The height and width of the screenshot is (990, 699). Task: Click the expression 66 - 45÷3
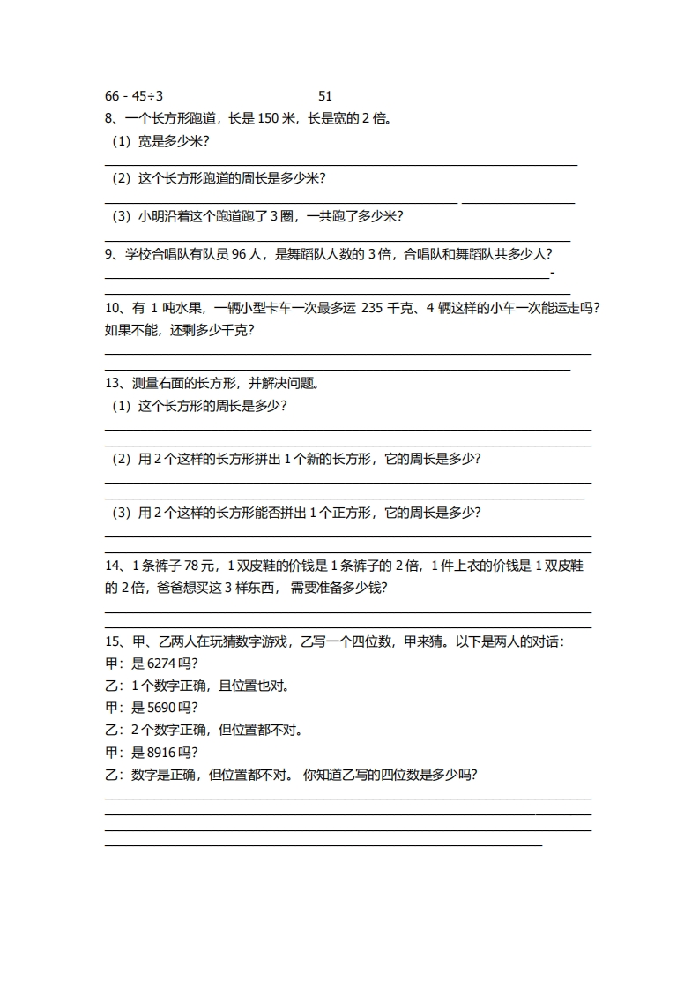coord(134,96)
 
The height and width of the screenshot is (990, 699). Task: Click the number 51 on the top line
coord(324,96)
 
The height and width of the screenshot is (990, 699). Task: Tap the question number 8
coord(108,118)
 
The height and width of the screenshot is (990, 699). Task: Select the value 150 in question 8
coord(268,118)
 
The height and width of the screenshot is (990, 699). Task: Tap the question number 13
coord(112,384)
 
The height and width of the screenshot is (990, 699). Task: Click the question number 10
coord(112,308)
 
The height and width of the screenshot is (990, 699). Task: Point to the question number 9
coord(108,255)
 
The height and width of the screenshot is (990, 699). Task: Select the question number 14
coord(112,566)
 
